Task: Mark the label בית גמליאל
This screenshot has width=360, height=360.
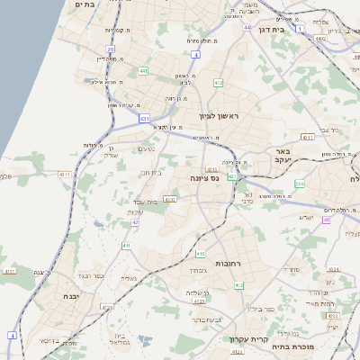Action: (122, 341)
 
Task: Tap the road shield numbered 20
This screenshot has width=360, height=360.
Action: (110, 49)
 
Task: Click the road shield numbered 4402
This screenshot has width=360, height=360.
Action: (321, 39)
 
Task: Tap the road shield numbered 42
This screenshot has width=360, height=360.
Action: (135, 221)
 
